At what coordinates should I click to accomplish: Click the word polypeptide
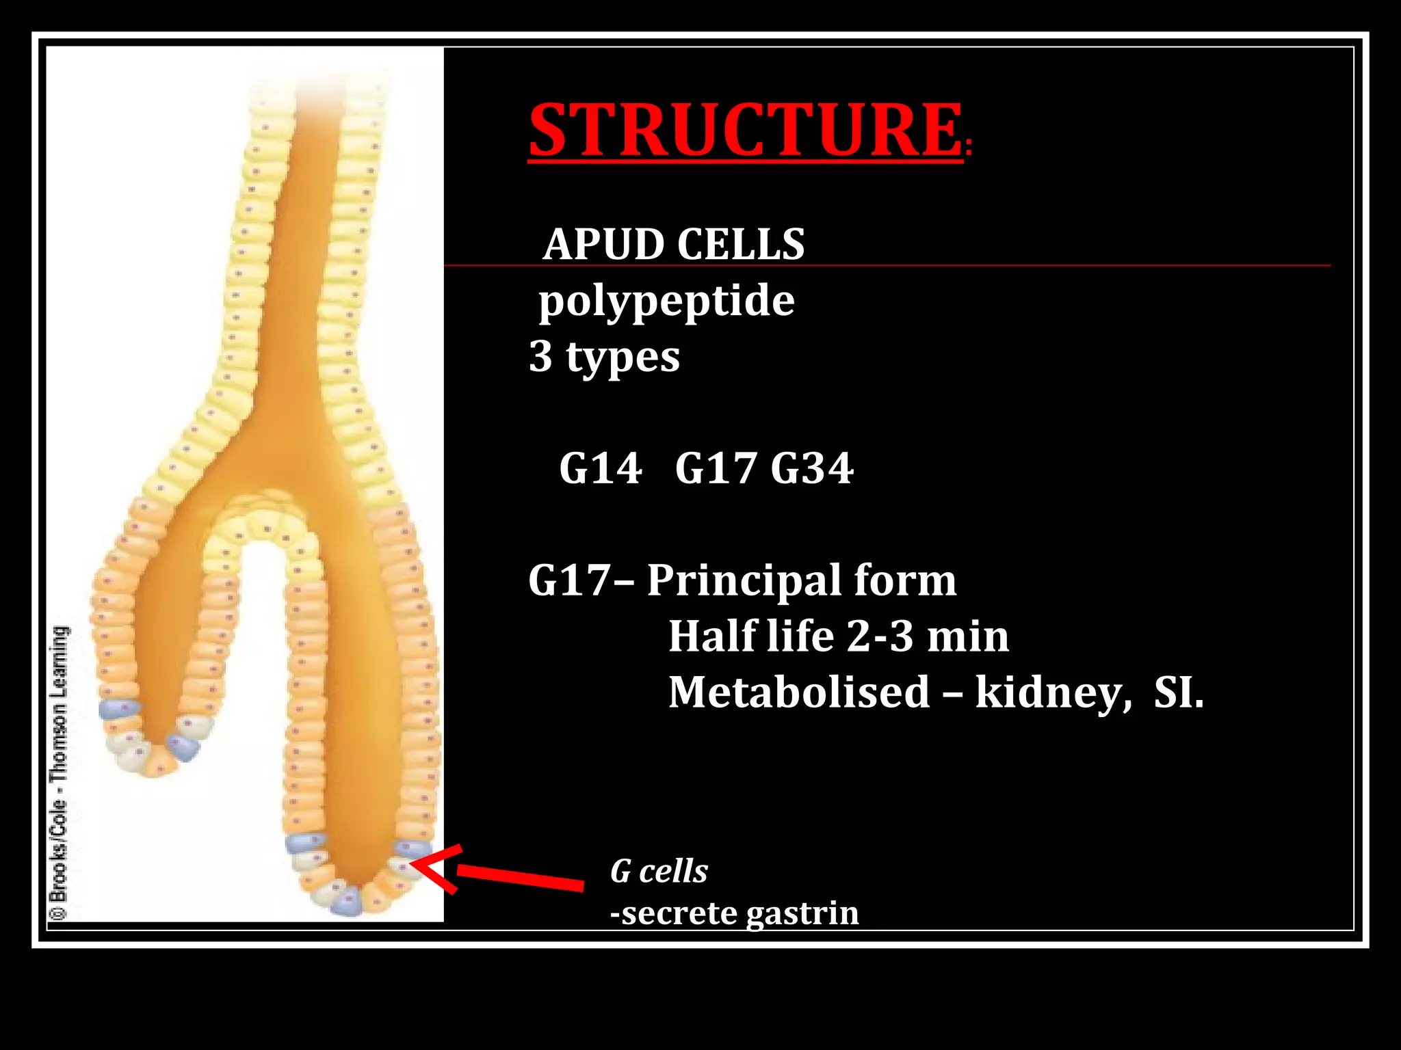click(666, 301)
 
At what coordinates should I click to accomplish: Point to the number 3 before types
click(540, 356)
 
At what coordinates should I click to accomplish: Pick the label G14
click(600, 469)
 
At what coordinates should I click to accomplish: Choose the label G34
click(812, 469)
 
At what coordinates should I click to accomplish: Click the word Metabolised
click(798, 692)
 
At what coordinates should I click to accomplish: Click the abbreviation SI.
click(1178, 692)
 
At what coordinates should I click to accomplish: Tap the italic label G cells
click(659, 872)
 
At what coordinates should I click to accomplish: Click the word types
click(623, 358)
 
